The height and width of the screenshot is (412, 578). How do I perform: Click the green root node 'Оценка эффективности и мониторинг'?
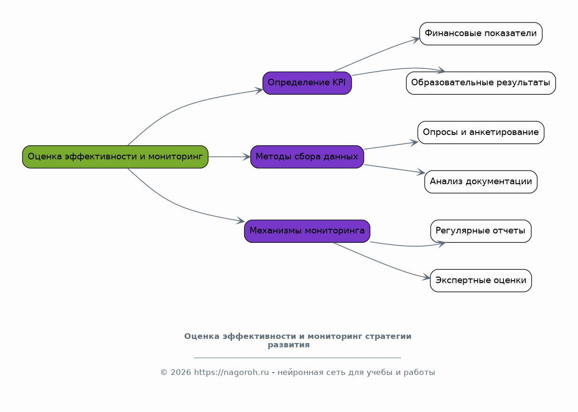[115, 157]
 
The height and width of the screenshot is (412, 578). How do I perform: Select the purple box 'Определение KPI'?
[307, 83]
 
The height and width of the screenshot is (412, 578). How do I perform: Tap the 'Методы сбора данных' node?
[307, 157]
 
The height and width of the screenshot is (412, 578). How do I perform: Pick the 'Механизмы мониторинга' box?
[307, 231]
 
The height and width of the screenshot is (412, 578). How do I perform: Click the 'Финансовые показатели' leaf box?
[480, 34]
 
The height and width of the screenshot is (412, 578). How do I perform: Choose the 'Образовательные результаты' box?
[480, 83]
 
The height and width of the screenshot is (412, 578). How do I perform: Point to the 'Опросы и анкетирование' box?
[480, 132]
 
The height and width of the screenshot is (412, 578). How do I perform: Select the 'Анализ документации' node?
[480, 182]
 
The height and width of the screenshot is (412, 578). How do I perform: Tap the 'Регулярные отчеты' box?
[480, 231]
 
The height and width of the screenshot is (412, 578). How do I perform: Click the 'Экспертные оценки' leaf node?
[480, 280]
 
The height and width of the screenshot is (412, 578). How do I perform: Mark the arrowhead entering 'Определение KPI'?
[259, 90]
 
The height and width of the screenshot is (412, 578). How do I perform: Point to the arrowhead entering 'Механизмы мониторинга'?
[240, 221]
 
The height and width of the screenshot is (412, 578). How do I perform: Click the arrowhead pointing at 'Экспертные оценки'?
[426, 278]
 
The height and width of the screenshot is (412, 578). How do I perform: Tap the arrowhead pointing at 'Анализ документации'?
[420, 173]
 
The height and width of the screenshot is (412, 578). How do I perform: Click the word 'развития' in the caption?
[288, 345]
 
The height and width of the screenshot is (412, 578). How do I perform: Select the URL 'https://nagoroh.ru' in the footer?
[231, 373]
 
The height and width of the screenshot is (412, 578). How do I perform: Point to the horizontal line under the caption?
[297, 358]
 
